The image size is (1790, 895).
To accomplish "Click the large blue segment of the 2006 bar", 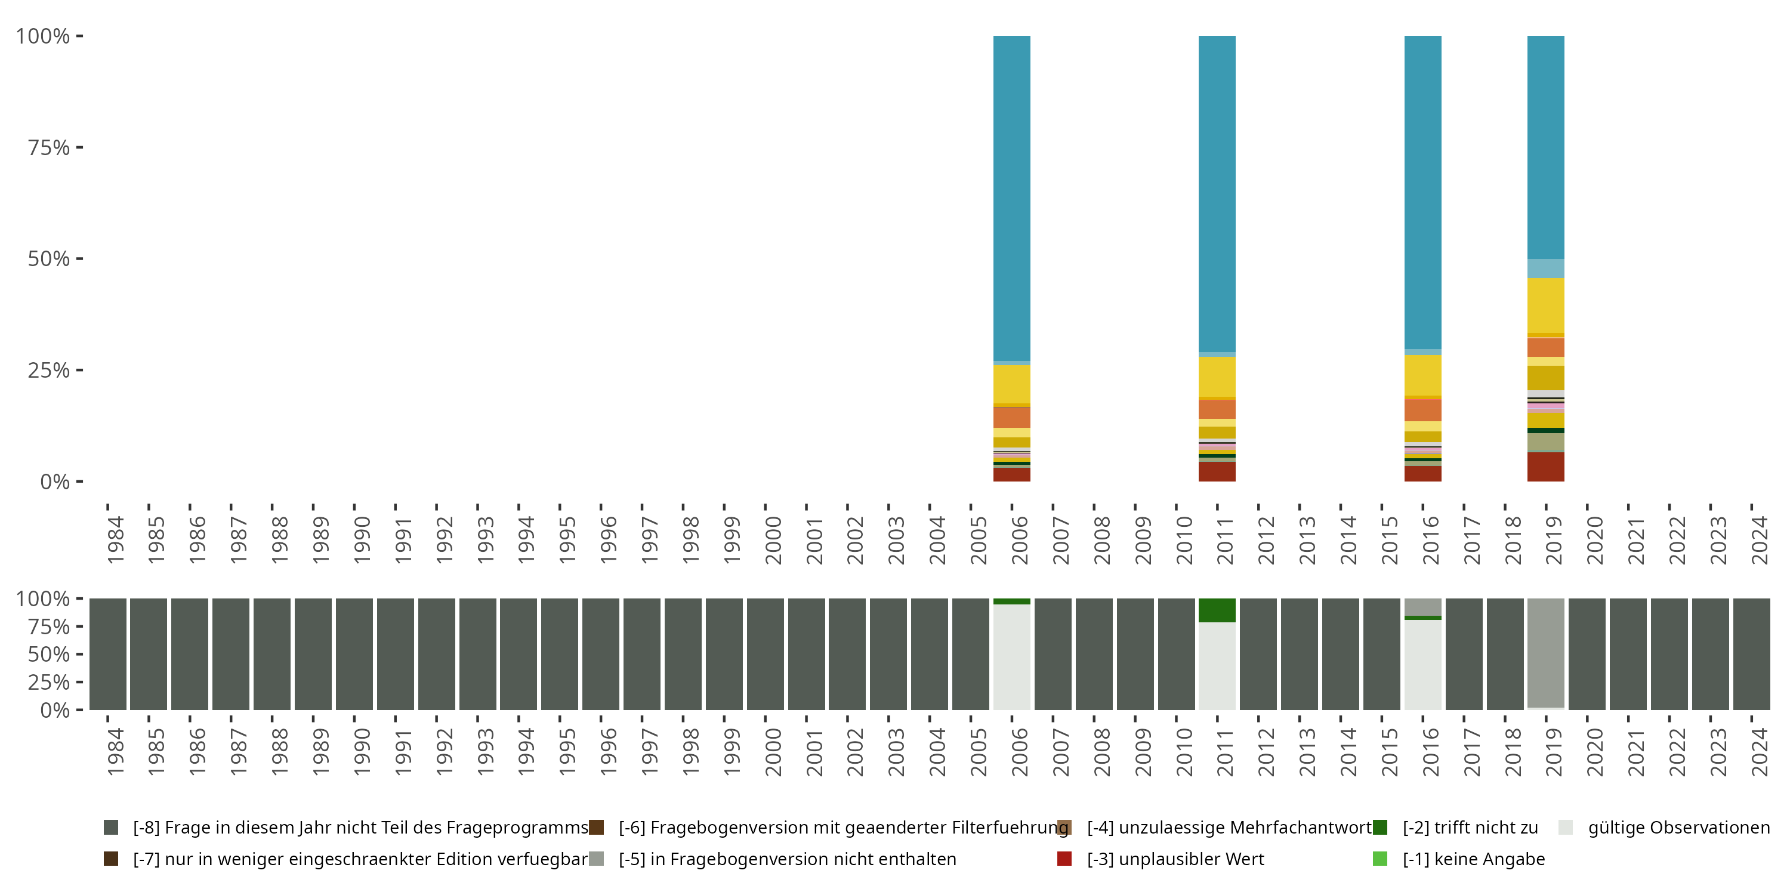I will tap(1012, 198).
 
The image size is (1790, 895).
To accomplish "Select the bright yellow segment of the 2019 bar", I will tap(1545, 305).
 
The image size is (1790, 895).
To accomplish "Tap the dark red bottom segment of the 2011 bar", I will tap(1217, 472).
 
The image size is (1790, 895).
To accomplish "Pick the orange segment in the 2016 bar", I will tap(1422, 409).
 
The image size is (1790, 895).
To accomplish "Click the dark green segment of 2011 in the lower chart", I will tap(1217, 610).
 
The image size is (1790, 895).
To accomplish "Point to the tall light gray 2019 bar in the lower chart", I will tap(1545, 653).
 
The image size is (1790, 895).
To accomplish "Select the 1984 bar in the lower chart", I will tap(108, 654).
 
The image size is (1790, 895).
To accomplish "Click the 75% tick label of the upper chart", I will tap(49, 147).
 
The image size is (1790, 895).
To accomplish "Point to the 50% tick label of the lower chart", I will tap(49, 655).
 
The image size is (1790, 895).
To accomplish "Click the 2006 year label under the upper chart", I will tap(1019, 540).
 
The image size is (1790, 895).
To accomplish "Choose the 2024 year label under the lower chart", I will tap(1759, 752).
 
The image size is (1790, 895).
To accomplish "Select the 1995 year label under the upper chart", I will tap(567, 540).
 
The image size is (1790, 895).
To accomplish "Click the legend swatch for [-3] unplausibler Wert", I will tap(1064, 859).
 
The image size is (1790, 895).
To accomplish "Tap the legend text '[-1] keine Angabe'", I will tap(1473, 859).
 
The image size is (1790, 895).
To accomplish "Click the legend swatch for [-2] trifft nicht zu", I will tap(1380, 828).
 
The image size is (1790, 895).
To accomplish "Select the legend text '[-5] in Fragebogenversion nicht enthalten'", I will tap(787, 859).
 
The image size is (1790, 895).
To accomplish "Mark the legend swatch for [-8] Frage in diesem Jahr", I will tap(110, 828).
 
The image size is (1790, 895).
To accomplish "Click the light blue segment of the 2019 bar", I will tap(1545, 268).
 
